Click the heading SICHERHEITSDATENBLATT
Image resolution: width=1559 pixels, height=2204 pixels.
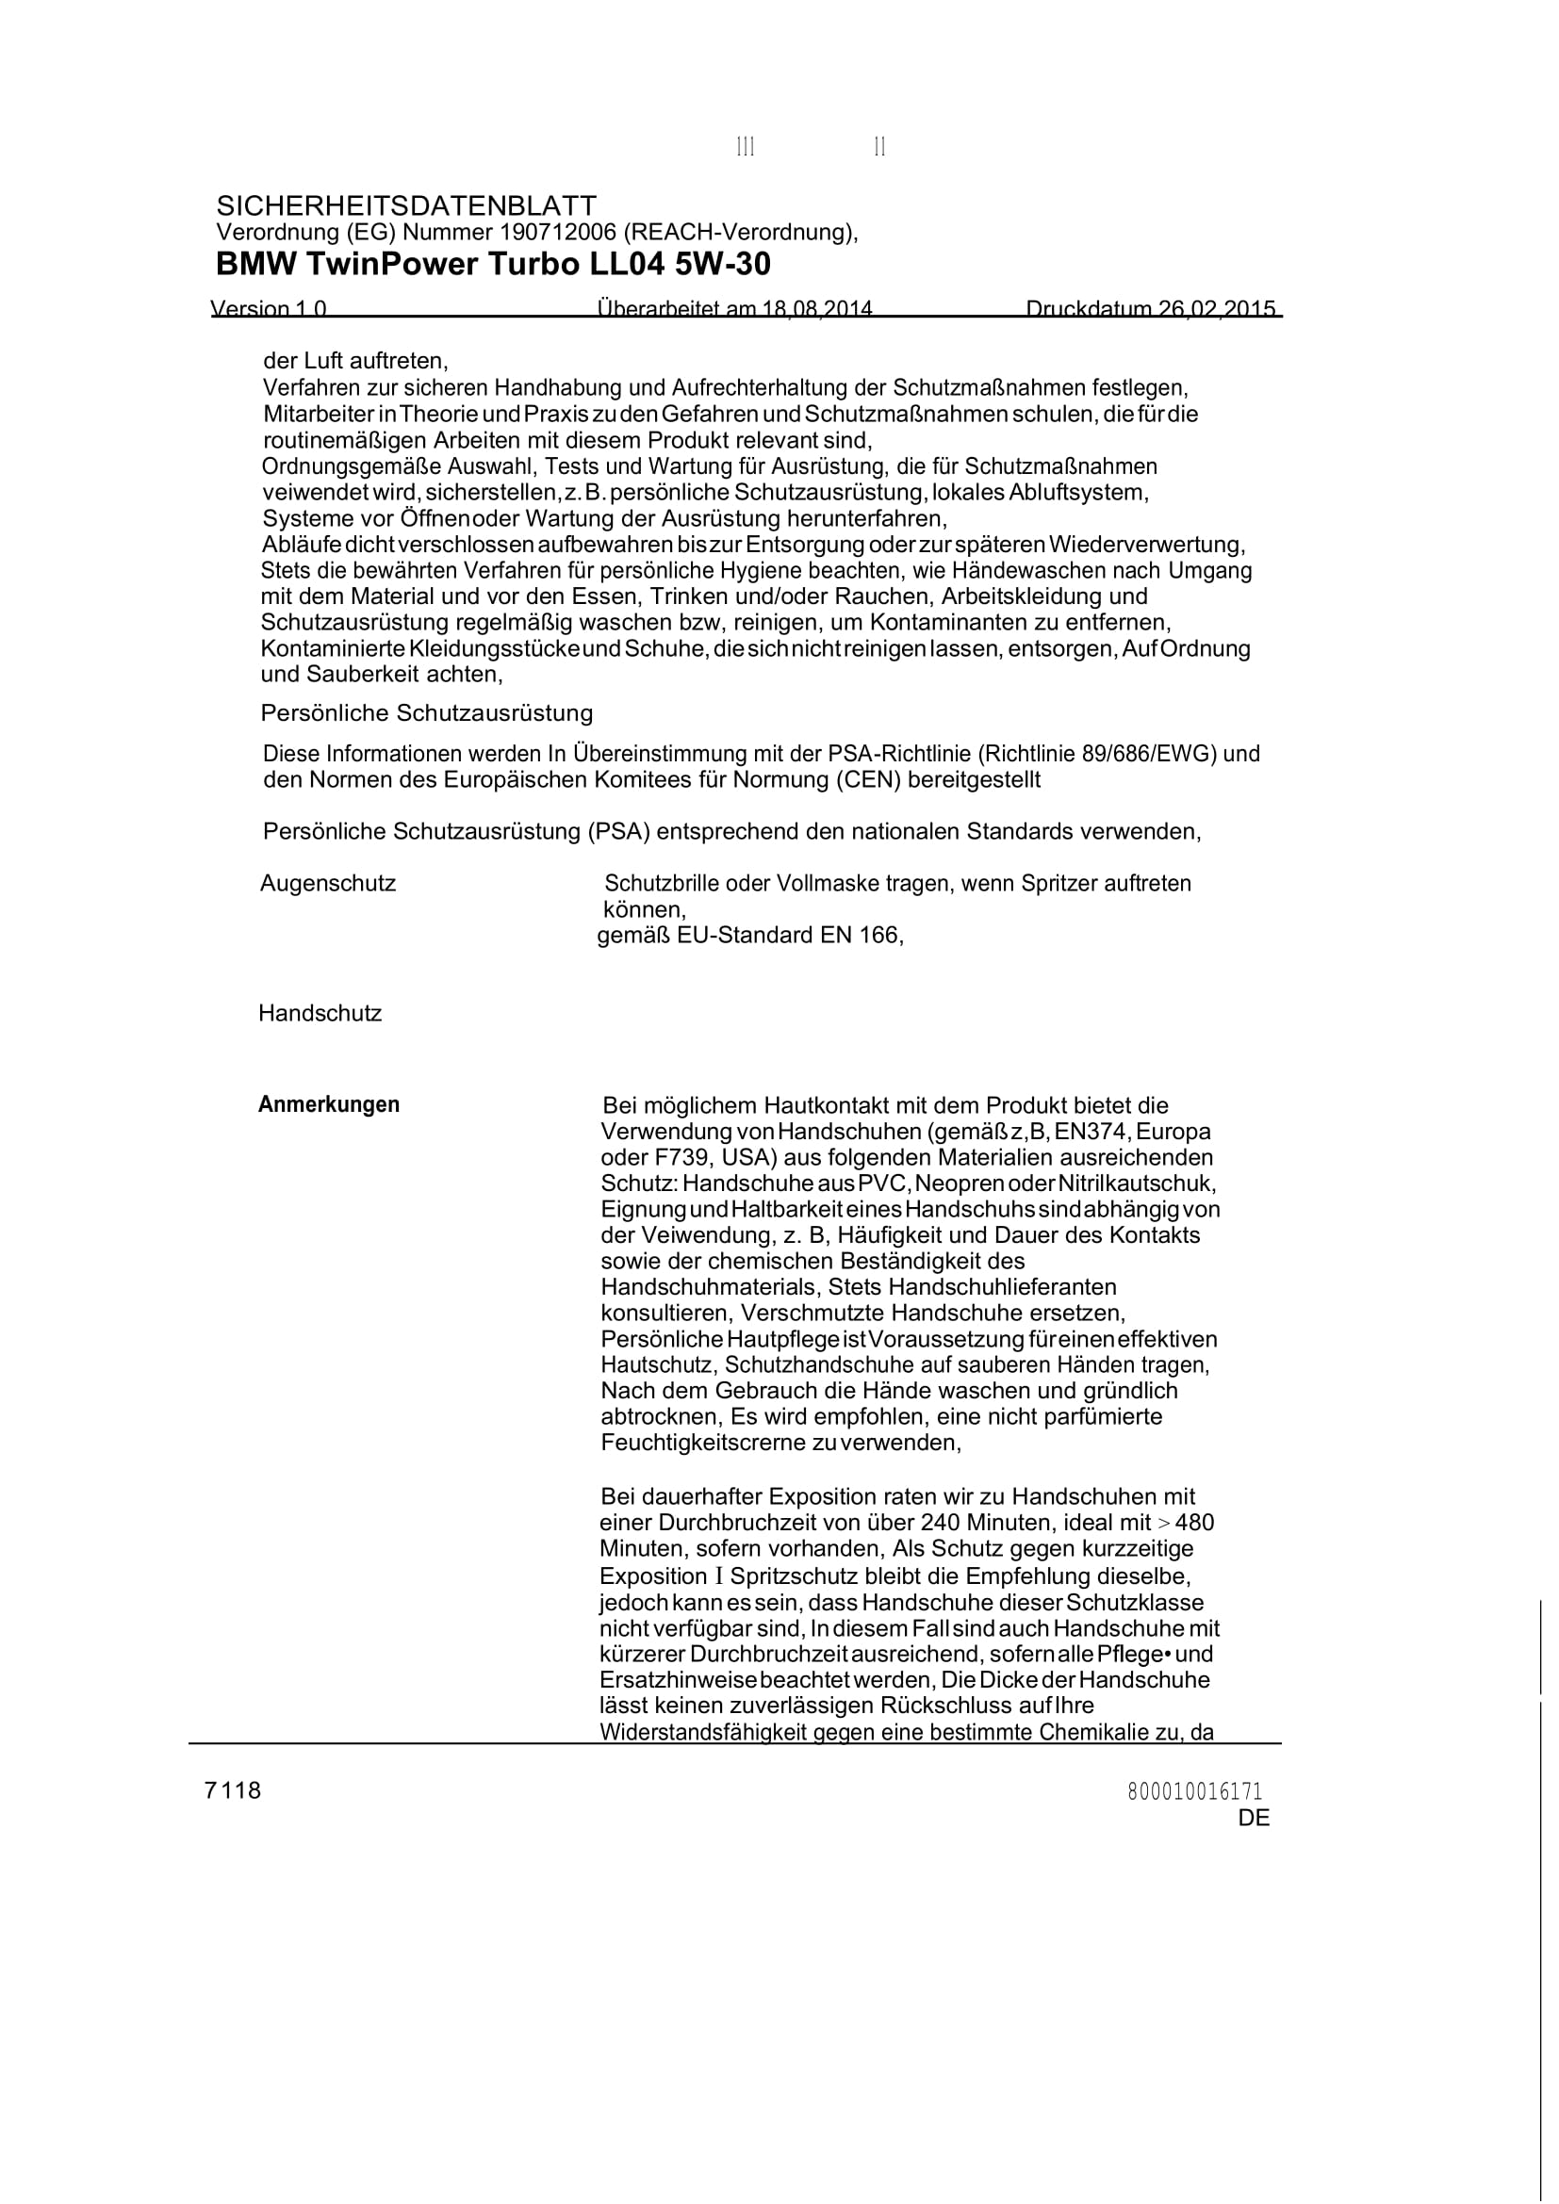406,205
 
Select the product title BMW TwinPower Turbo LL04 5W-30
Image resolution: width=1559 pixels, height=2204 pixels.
493,264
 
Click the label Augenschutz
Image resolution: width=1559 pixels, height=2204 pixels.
327,883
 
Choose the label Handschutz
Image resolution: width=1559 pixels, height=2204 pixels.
320,1014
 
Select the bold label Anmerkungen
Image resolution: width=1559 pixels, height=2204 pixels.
328,1104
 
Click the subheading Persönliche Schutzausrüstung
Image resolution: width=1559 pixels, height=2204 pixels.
426,713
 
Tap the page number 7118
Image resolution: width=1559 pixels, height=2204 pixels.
232,1790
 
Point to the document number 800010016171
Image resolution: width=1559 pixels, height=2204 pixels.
1195,1791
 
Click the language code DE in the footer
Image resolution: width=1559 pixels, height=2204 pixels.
1254,1818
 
